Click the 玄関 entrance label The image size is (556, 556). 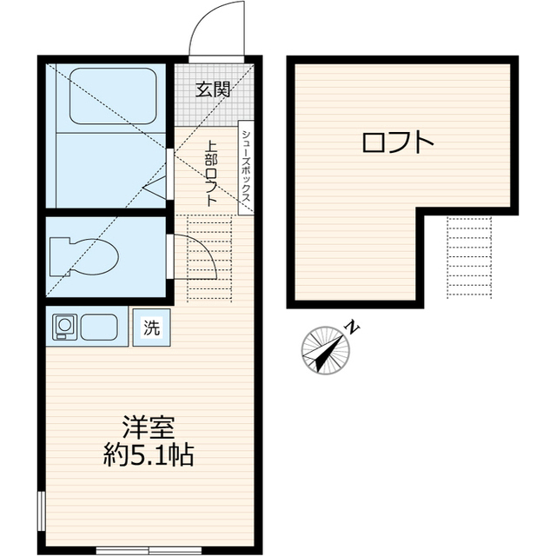[x=212, y=88]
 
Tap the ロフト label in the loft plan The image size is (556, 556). [x=397, y=142]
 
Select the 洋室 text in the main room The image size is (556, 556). [x=149, y=427]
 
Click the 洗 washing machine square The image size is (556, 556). [x=152, y=328]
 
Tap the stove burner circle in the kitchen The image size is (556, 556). [x=64, y=327]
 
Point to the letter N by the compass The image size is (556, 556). [x=352, y=327]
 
